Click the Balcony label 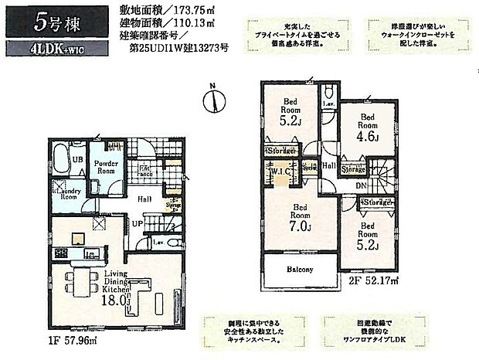point(302,270)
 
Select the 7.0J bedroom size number point(301,226)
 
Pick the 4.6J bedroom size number point(367,137)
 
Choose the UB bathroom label point(78,159)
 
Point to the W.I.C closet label point(279,172)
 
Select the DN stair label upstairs point(360,186)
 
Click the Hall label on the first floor point(144,199)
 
